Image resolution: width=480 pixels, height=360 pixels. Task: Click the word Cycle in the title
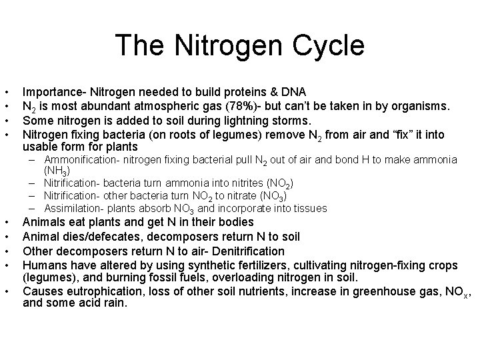coord(327,45)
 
